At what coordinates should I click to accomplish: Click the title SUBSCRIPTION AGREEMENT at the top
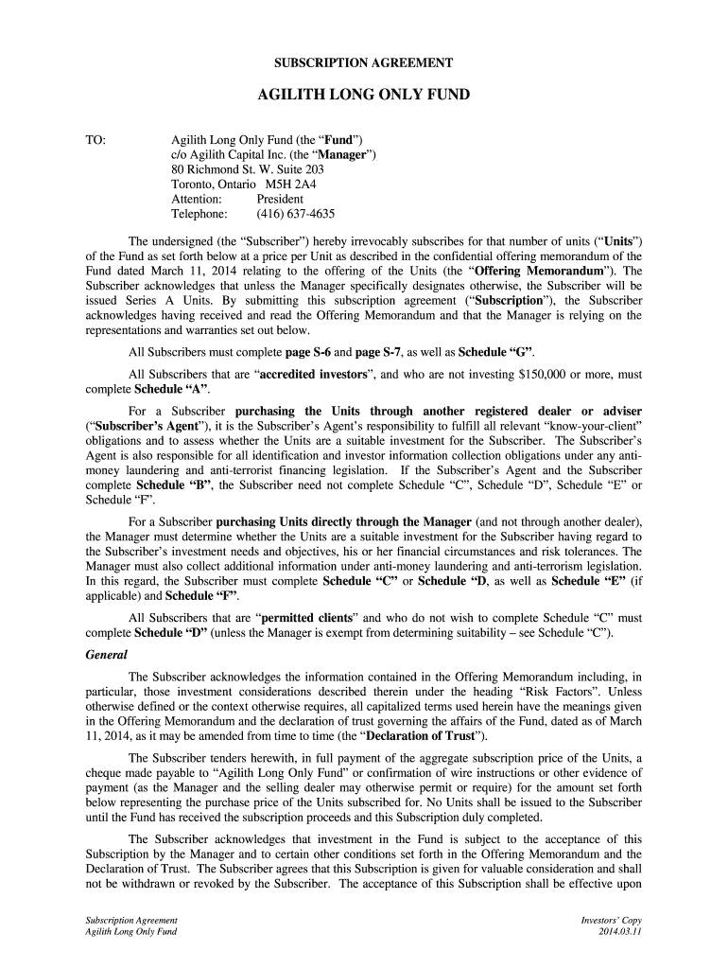click(364, 62)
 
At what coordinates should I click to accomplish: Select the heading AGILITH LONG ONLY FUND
click(364, 96)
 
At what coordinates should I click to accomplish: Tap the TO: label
click(95, 139)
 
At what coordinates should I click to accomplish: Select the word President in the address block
click(280, 200)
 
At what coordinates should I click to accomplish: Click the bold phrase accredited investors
click(311, 375)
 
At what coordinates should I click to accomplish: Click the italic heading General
click(107, 655)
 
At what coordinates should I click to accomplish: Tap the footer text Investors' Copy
click(612, 920)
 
